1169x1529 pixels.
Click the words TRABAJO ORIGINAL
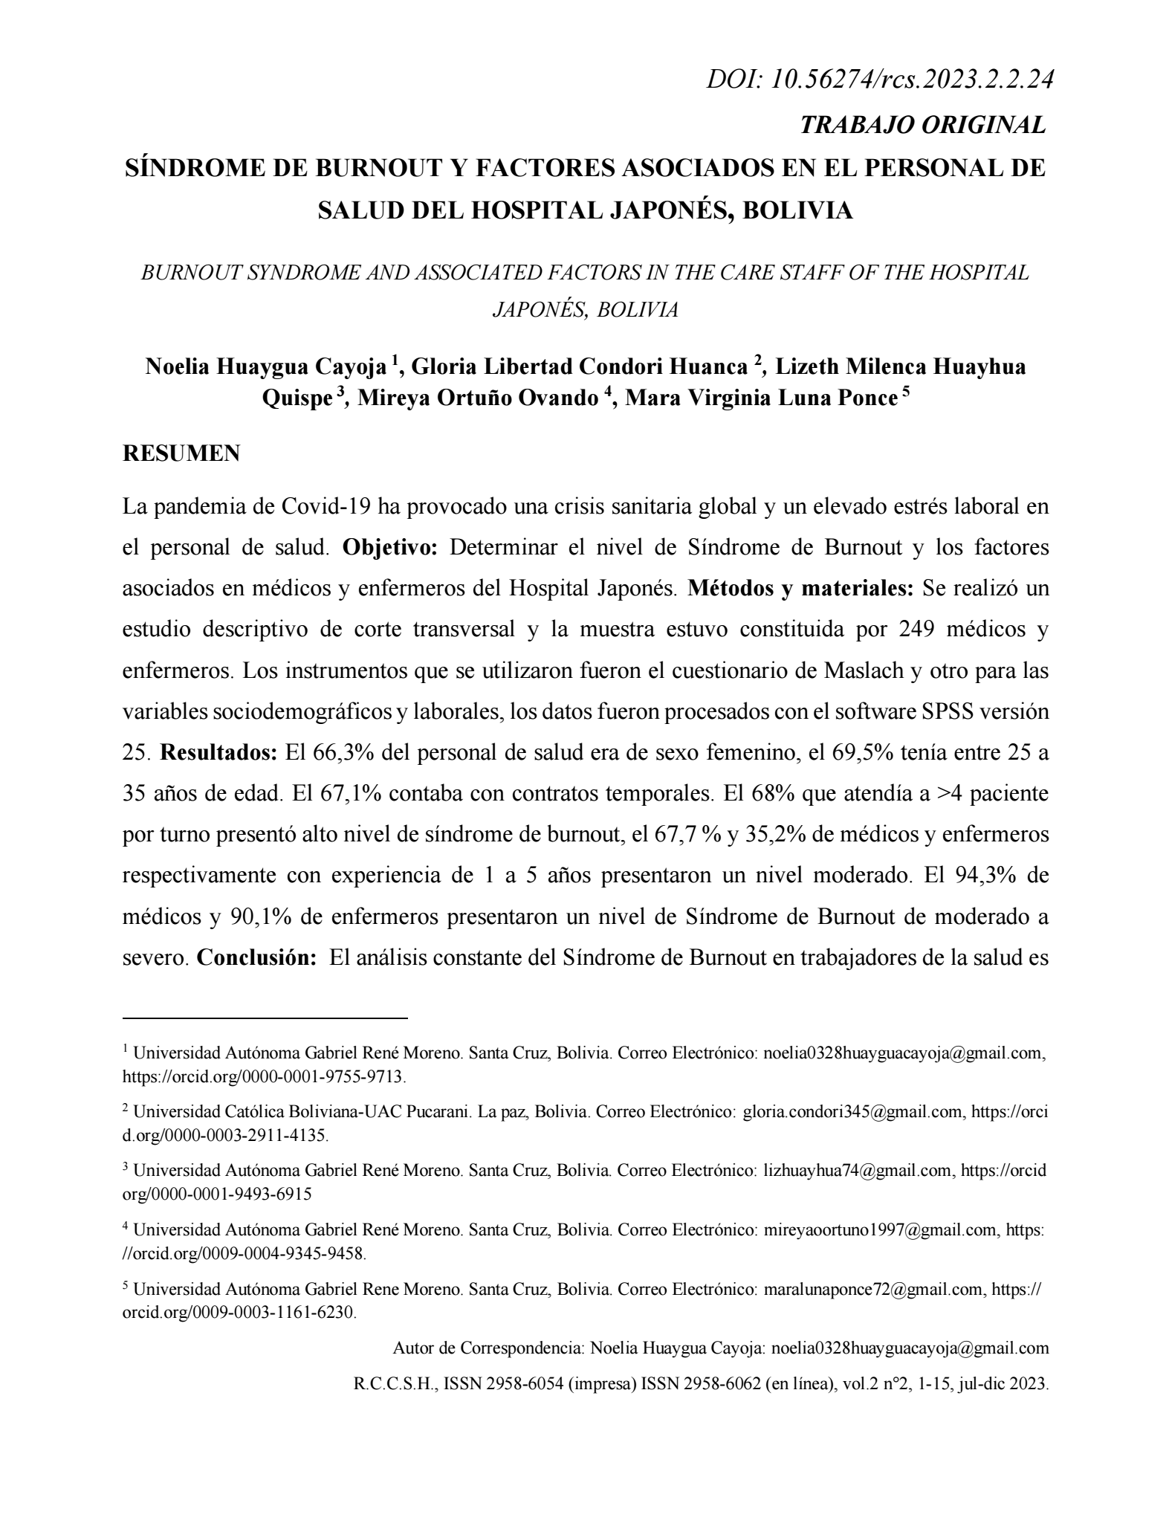922,125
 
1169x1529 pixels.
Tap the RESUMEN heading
181,453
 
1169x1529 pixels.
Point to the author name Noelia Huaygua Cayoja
267,366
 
